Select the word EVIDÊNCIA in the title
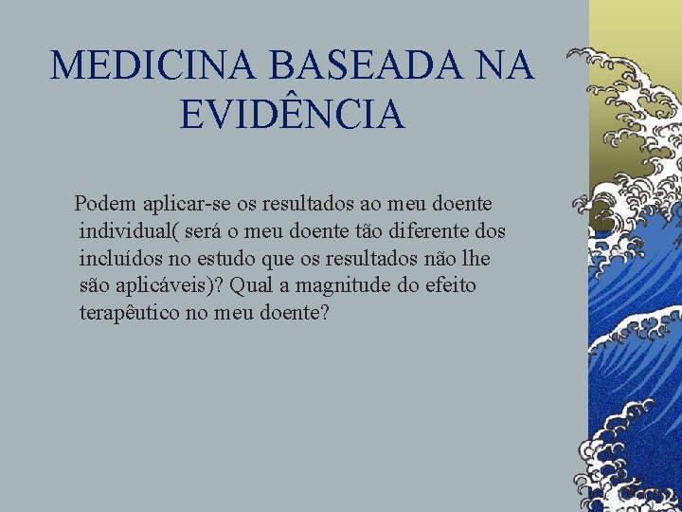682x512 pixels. pyautogui.click(x=292, y=116)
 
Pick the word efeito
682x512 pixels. pyautogui.click(x=450, y=285)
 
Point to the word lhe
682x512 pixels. pyautogui.click(x=476, y=258)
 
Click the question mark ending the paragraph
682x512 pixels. pyautogui.click(x=324, y=313)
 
